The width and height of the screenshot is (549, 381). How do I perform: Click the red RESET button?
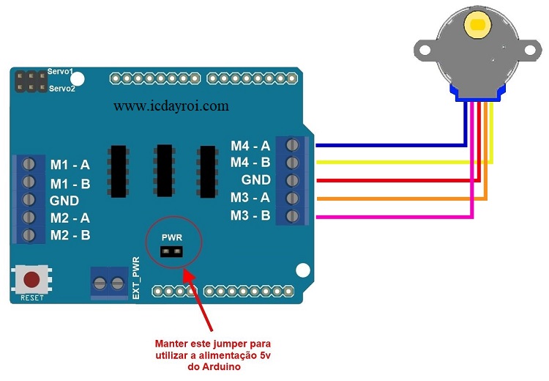click(x=31, y=279)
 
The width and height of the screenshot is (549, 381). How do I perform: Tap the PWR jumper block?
click(x=171, y=251)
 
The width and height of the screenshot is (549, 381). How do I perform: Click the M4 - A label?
click(x=250, y=146)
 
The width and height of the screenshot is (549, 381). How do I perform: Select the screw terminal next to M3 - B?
click(x=292, y=216)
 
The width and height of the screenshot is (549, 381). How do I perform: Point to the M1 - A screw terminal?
click(x=29, y=163)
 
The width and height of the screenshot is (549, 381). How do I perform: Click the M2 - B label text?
click(x=70, y=235)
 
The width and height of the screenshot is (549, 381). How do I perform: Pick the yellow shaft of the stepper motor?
click(x=478, y=24)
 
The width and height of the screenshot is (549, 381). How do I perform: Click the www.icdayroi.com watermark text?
click(x=171, y=106)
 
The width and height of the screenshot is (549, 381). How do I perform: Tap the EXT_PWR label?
click(x=136, y=278)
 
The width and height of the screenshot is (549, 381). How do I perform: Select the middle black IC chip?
click(x=165, y=171)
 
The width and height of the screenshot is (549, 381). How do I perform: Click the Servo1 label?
click(x=61, y=72)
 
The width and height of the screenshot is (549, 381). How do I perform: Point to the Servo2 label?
click(x=62, y=89)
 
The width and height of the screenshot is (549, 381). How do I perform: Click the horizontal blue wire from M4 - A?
click(x=391, y=145)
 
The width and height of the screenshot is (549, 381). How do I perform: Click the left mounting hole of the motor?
click(x=425, y=50)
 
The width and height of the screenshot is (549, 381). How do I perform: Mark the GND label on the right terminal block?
click(x=256, y=180)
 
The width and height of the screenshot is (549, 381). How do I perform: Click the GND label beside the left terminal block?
click(x=64, y=201)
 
